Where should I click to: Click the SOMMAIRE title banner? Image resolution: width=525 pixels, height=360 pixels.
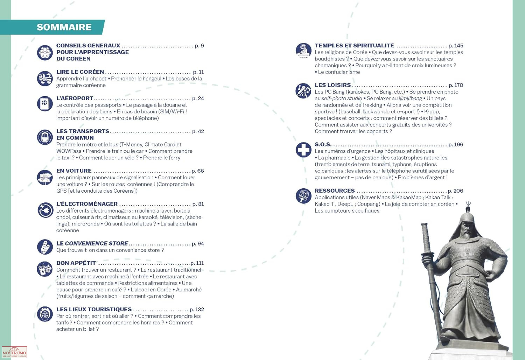point(64,27)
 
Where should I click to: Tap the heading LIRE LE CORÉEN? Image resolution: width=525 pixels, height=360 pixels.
point(80,72)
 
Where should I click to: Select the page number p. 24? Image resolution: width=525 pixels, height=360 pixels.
point(198,98)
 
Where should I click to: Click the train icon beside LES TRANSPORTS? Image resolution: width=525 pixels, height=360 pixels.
point(45,137)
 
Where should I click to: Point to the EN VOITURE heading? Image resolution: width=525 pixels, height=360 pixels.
point(74,171)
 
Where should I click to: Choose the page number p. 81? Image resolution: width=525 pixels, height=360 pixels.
point(198,204)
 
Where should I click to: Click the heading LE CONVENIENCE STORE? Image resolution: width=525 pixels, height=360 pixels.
point(92,243)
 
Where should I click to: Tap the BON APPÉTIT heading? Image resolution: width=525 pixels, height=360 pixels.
point(76,263)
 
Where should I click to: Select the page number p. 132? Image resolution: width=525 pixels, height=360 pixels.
point(197,310)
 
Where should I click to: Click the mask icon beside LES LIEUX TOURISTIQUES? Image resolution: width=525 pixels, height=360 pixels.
point(45,314)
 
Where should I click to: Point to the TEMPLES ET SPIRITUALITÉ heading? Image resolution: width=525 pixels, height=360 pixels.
point(354,46)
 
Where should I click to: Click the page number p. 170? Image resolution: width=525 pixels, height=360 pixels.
point(456,85)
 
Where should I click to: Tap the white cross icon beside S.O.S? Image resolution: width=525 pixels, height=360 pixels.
point(303,150)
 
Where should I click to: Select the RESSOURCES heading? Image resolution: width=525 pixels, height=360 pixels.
point(335,191)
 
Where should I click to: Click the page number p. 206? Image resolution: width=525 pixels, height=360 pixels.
point(455,191)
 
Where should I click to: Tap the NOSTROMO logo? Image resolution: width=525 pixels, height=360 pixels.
point(14,352)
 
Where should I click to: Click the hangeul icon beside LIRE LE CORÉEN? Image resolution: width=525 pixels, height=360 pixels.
point(45,78)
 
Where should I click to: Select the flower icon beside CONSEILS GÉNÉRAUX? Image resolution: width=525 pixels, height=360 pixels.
point(45,53)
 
